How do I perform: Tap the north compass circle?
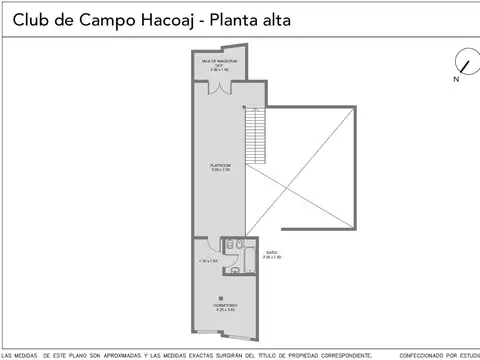click(x=463, y=59)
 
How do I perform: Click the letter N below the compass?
click(x=454, y=77)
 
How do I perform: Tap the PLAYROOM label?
click(x=220, y=167)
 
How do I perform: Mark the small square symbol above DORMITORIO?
click(x=221, y=296)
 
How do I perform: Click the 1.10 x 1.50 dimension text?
click(x=208, y=262)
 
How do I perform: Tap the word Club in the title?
click(x=30, y=18)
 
